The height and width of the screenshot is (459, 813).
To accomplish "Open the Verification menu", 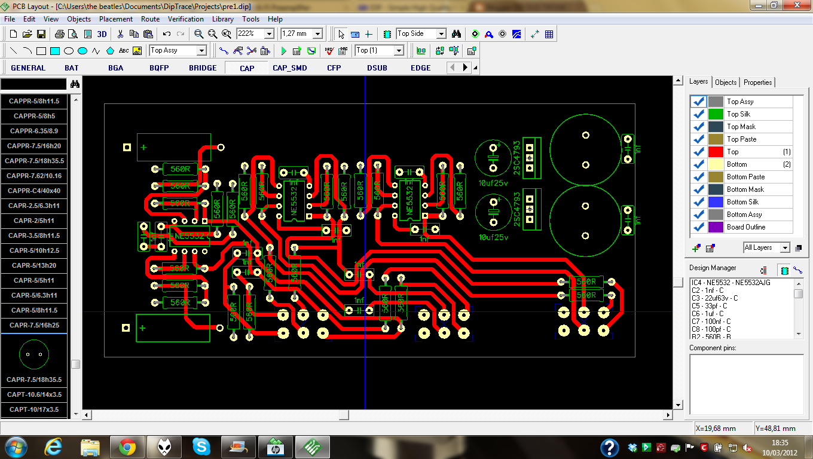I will pyautogui.click(x=185, y=19).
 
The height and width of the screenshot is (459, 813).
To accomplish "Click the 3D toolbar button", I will pyautogui.click(x=102, y=34).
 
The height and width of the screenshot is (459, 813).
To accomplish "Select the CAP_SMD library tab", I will pyautogui.click(x=289, y=68).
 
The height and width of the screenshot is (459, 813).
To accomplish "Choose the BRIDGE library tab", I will pyautogui.click(x=203, y=68).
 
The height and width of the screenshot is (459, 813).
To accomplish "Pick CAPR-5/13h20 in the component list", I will pyautogui.click(x=34, y=265).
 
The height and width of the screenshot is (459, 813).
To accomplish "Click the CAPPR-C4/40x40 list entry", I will pyautogui.click(x=34, y=191).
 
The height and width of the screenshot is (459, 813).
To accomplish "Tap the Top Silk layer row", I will pyautogui.click(x=738, y=114).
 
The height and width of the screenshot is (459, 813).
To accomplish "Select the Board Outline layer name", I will pyautogui.click(x=746, y=227).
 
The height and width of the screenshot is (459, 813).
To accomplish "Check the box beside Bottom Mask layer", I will pyautogui.click(x=698, y=189).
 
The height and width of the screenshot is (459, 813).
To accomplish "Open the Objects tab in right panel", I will pyautogui.click(x=726, y=82).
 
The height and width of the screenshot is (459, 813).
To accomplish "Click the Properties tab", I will pyautogui.click(x=758, y=82).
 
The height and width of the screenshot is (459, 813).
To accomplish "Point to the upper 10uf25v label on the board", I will pyautogui.click(x=493, y=183).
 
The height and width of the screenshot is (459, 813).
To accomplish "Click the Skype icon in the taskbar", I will pyautogui.click(x=201, y=446).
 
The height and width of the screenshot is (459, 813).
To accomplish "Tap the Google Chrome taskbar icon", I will pyautogui.click(x=127, y=446).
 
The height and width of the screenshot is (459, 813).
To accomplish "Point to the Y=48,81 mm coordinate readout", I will pyautogui.click(x=775, y=428).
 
